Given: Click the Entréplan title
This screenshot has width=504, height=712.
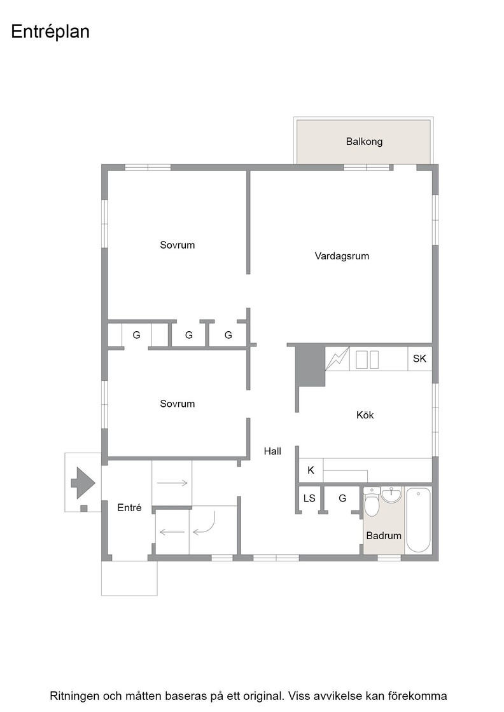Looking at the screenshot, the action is (50, 32).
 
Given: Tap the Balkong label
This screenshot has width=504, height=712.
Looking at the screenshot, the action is (364, 142).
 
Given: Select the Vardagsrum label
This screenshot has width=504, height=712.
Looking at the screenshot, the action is (342, 256).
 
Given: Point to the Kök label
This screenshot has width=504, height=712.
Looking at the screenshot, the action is (365, 414).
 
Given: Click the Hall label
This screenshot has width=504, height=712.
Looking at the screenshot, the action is (272, 451).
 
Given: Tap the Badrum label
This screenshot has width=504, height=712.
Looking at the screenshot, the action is (384, 536).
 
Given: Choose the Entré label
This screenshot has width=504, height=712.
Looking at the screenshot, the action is (130, 508).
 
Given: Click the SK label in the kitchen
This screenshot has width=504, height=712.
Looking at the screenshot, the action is (419, 359).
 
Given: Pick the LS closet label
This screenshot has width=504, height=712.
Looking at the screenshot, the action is (309, 498).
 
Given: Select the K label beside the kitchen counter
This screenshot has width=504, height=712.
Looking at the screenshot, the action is (311, 470).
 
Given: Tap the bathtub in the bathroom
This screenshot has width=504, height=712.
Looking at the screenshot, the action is (418, 520).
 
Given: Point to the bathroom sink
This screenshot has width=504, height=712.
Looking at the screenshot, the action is (391, 495).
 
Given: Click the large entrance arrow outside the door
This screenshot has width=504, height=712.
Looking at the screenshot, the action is (83, 483).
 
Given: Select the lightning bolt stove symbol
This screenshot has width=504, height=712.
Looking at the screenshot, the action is (337, 359).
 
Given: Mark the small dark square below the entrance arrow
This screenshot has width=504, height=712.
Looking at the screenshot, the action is (83, 508).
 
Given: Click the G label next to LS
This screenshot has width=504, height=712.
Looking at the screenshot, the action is (342, 498).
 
